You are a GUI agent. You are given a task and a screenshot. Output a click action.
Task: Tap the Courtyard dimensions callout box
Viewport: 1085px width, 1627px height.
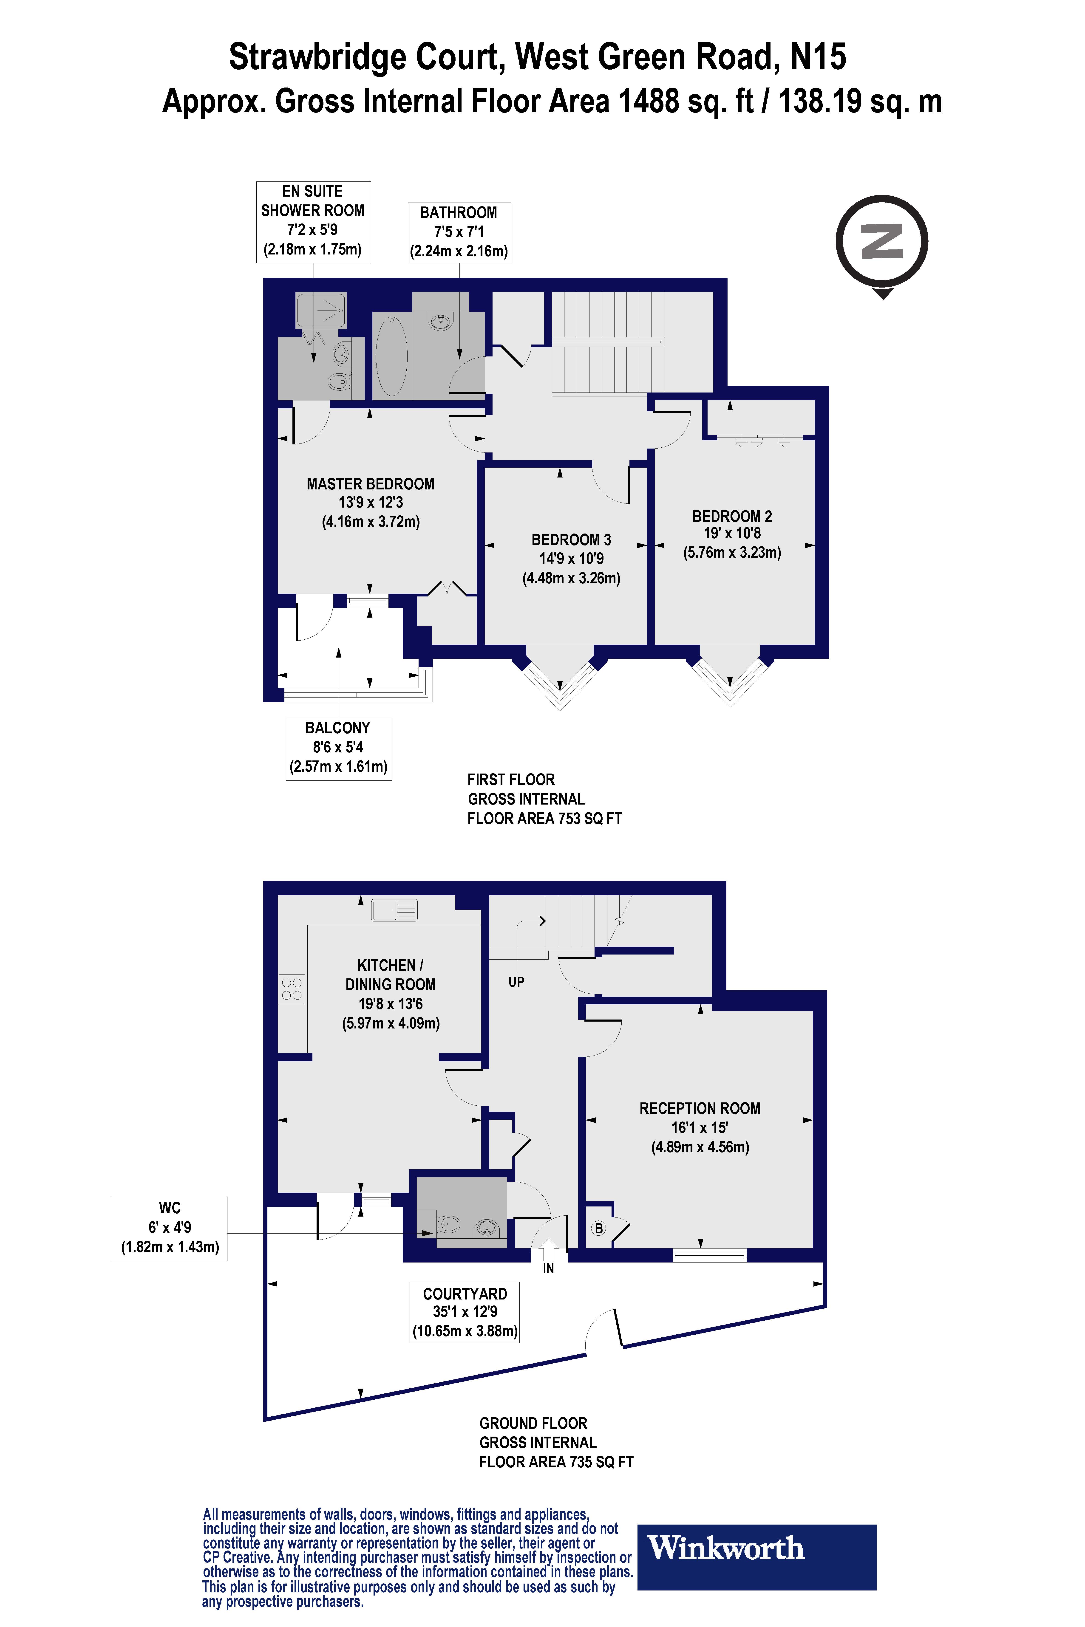coord(464,1312)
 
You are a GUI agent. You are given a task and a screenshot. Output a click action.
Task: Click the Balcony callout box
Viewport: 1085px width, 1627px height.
coord(338,748)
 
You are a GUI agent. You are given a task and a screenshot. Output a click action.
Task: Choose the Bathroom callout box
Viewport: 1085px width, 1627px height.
coord(459,232)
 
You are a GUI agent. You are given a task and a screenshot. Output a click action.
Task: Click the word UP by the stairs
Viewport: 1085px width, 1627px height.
coord(516,982)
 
